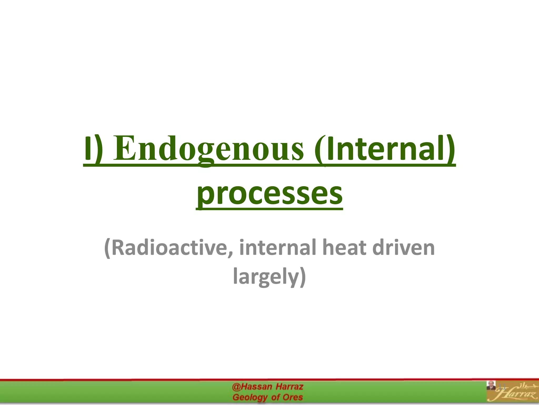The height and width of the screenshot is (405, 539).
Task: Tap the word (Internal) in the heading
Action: [385, 149]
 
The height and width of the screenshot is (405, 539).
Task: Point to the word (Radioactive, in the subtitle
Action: [169, 248]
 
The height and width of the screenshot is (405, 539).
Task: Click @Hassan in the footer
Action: [252, 387]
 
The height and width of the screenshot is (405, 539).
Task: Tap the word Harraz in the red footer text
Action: [290, 387]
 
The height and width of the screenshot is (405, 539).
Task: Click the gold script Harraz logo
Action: [516, 396]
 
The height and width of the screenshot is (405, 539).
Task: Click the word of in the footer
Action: [275, 397]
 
